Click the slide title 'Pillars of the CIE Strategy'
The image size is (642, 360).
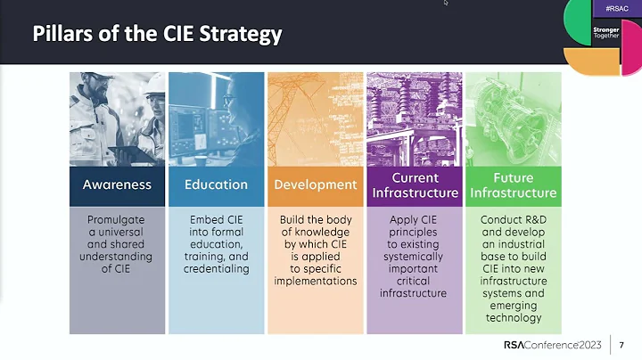click(157, 35)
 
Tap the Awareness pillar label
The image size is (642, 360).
click(118, 185)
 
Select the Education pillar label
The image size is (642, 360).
click(216, 185)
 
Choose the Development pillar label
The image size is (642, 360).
click(315, 185)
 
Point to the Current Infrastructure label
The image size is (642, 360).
click(414, 185)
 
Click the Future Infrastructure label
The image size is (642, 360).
click(513, 185)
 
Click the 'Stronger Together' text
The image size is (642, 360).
click(605, 33)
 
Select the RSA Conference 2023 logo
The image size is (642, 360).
click(552, 345)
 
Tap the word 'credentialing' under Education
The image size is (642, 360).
click(216, 269)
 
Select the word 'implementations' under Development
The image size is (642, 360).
click(315, 282)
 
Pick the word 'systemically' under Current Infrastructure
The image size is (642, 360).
click(414, 257)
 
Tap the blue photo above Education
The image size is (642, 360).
click(216, 119)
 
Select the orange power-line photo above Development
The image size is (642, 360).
click(315, 119)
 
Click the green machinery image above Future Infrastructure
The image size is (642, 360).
click(513, 119)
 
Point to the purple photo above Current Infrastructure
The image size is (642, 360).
click(414, 119)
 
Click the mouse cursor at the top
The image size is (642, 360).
click(446, 3)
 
